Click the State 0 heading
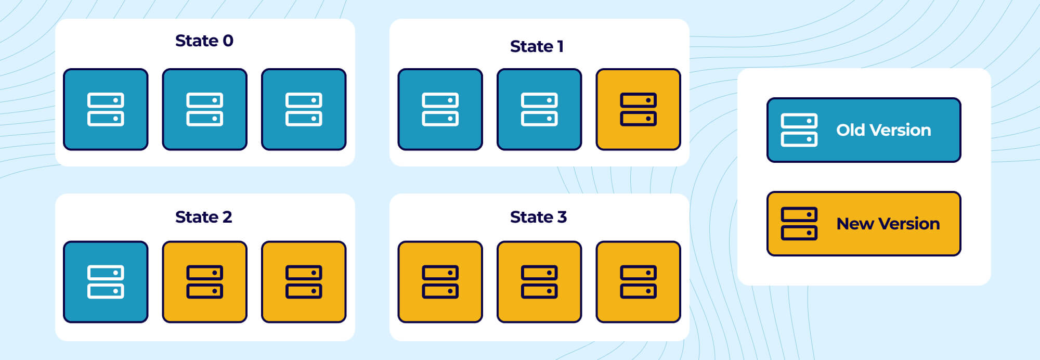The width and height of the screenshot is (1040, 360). [x=204, y=41]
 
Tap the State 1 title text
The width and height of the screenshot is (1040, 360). [x=537, y=46]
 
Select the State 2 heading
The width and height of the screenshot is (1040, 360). [x=204, y=217]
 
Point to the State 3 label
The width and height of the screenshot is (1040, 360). [x=538, y=217]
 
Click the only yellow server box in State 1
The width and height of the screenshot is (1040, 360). [x=638, y=109]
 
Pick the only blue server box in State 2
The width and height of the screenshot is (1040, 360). [x=106, y=281]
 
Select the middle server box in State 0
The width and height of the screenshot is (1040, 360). [x=204, y=109]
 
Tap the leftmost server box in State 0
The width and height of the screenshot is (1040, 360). [x=106, y=109]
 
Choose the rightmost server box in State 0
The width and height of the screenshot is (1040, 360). [x=304, y=109]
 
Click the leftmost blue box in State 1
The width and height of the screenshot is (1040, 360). [x=440, y=109]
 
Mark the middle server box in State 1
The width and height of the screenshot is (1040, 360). [x=539, y=109]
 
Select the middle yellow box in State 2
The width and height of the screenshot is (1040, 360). [x=204, y=281]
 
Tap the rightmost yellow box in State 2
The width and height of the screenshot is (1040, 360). [x=304, y=281]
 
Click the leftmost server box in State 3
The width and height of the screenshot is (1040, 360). [x=440, y=281]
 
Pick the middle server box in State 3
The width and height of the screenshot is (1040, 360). [x=539, y=281]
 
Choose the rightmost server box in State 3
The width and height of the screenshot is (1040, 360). [x=638, y=281]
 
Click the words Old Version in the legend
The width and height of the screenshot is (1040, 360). [x=883, y=130]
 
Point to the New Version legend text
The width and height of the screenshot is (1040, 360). [x=888, y=224]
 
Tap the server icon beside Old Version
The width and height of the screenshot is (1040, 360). [x=799, y=130]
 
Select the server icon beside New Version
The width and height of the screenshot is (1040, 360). [x=799, y=224]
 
